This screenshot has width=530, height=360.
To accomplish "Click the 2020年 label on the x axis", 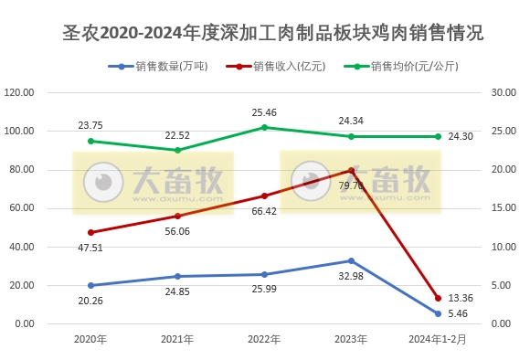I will coord(90,340).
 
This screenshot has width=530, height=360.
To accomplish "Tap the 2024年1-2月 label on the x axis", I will coord(437,340).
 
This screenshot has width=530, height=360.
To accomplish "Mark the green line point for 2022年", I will coord(264,127).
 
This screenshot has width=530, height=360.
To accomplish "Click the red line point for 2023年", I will coord(351,170).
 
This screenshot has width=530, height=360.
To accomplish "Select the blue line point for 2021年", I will coord(177,276).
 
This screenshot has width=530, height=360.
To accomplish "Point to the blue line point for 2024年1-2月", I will coord(438,313).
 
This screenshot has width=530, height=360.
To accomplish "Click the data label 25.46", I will coord(264,112).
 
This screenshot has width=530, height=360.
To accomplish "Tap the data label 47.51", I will coord(90,248).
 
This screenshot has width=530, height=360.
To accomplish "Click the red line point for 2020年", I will coord(90,232).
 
